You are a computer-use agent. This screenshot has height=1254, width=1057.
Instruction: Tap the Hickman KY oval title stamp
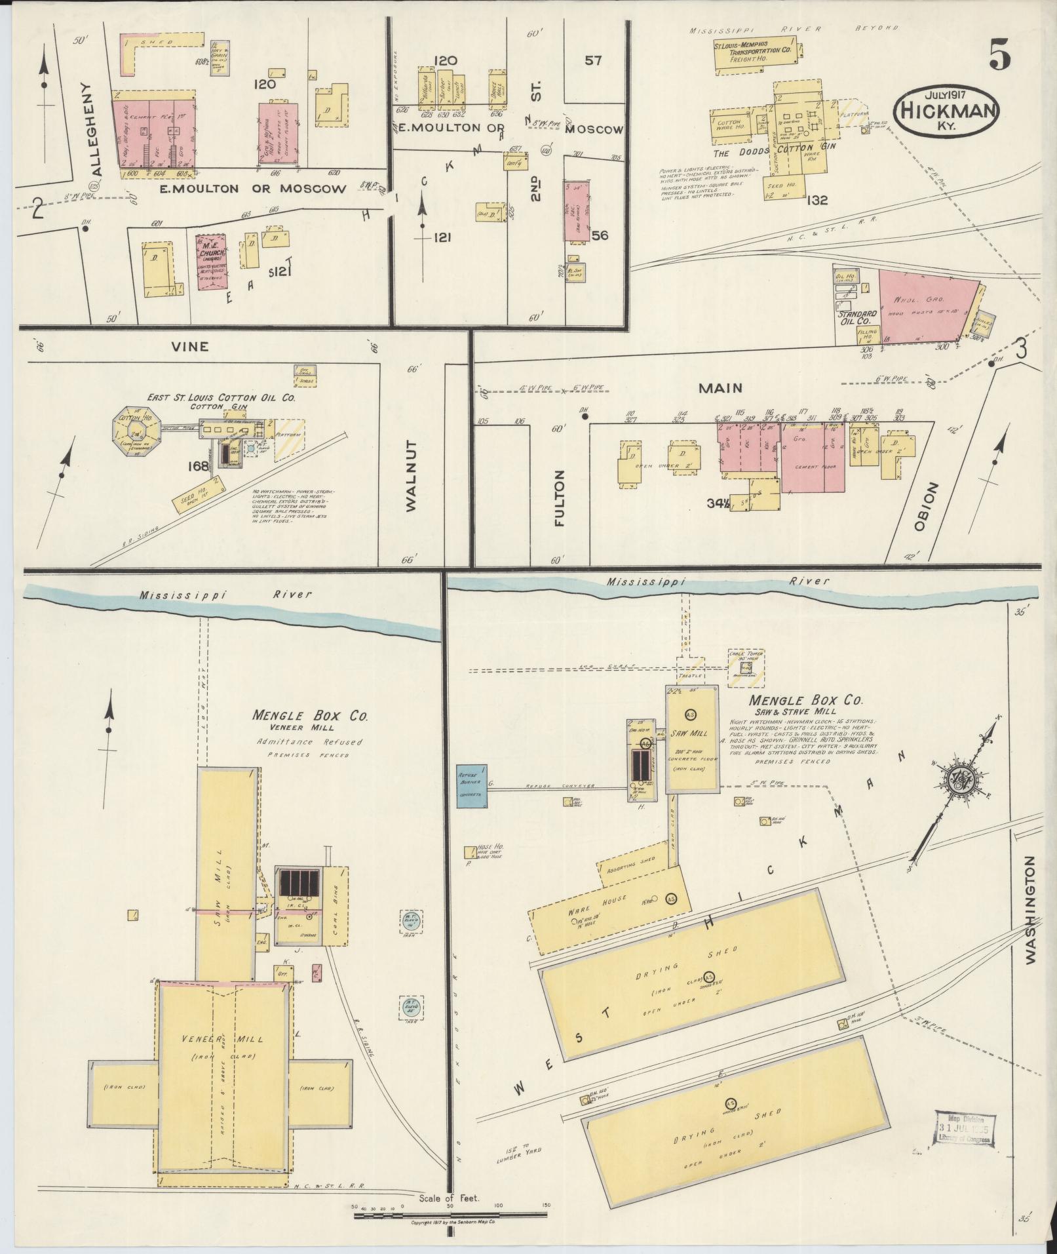coord(950,112)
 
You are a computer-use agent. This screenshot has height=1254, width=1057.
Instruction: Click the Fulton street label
coord(559,499)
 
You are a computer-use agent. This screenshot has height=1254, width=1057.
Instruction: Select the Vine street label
coord(190,346)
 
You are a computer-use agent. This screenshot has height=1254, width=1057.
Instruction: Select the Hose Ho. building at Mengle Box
coord(471,852)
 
